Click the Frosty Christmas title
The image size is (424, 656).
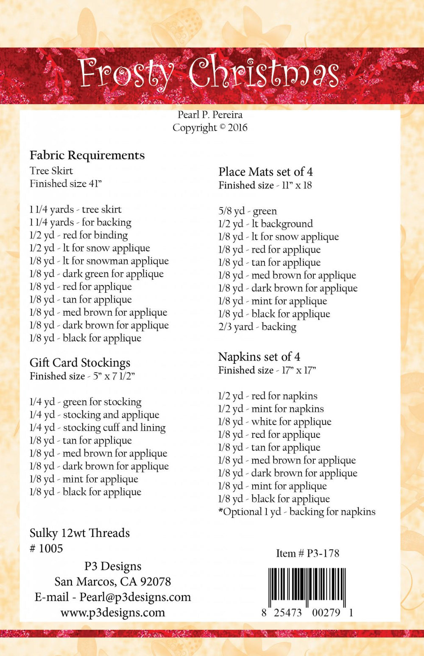pos(209,73)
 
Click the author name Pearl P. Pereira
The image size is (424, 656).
pos(210,115)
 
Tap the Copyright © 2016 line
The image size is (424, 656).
pos(210,128)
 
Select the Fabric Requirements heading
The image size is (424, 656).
pos(87,155)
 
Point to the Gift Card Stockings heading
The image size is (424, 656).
pos(80,363)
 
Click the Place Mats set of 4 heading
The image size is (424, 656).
pos(265,172)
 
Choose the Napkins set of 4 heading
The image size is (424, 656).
pos(259,357)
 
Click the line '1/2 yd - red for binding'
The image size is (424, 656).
pos(78,235)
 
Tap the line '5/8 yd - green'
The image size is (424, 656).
pos(248,211)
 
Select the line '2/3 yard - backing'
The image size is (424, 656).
pos(257,327)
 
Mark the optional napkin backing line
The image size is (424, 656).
pos(297,512)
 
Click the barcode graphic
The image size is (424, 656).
pos(307,588)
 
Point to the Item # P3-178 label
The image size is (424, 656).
pos(307,553)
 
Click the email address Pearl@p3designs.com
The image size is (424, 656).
pos(135,597)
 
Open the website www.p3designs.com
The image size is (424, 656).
pos(113,612)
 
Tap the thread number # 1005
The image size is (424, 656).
pos(46,548)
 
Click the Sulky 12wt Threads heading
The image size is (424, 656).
pos(80,533)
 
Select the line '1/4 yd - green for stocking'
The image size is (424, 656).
pos(85,402)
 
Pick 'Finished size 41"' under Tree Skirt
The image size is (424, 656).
pos(66,184)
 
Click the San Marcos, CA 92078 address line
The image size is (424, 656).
pos(113,581)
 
